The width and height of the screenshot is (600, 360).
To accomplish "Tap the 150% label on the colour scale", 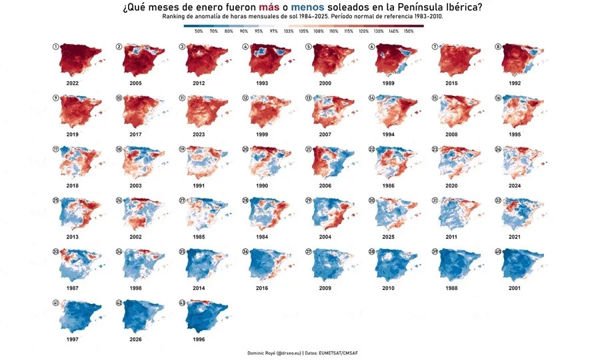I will point(409,31).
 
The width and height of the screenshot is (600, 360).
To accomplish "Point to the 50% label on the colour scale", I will point(199,31).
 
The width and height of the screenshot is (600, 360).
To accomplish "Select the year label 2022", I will point(73,83).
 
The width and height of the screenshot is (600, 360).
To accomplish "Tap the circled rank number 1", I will point(56,47).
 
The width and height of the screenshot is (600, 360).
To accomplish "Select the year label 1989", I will point(389,83).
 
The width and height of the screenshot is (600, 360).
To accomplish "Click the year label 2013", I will point(73,237).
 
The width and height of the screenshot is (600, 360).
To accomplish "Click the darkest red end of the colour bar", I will point(419,26).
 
